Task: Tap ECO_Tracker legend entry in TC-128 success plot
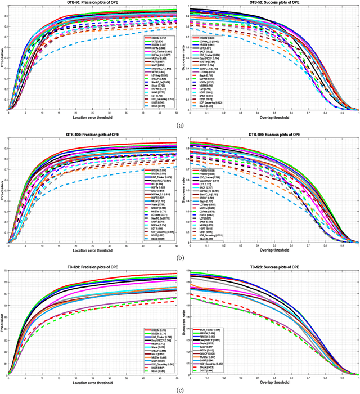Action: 208,329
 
